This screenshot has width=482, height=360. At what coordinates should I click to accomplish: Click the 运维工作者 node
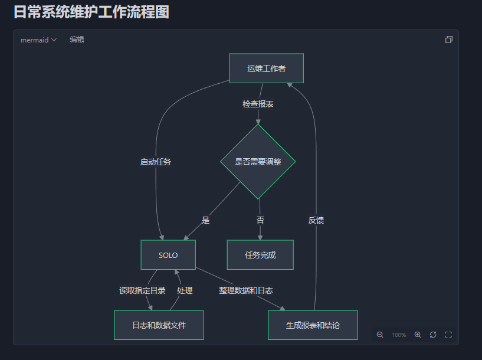coord(266,68)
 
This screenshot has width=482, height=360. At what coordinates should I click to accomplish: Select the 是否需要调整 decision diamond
coord(258,162)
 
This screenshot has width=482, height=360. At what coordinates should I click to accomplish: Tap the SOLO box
coord(168,255)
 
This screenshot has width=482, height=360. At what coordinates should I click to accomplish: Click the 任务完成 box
coord(260,255)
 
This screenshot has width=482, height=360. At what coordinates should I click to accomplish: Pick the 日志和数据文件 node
coord(159,325)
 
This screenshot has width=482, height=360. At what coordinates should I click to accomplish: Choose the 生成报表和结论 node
coord(313,325)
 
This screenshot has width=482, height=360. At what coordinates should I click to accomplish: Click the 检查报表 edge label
coord(258,104)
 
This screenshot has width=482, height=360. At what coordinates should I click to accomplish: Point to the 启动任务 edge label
coord(156,162)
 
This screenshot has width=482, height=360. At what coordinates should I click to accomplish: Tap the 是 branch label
coord(205,220)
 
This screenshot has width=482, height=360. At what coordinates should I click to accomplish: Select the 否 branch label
coord(260,220)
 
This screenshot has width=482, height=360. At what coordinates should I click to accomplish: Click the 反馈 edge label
coord(316,220)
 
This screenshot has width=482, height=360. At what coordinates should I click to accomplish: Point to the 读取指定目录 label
coord(142,290)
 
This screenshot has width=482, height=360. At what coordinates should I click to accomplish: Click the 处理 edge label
coord(185,290)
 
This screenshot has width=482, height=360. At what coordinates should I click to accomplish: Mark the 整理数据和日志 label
coord(245,290)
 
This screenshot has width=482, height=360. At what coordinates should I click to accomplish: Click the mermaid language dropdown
coord(38,40)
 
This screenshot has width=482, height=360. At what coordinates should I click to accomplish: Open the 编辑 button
coord(77,40)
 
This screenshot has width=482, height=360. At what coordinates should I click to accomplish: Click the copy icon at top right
coord(448,40)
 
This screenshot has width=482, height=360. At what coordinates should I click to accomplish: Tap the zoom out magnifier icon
coord(380,335)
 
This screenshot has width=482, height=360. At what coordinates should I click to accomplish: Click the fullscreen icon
coord(448,335)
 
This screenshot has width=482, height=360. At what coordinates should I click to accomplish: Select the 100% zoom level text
coord(399,335)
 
